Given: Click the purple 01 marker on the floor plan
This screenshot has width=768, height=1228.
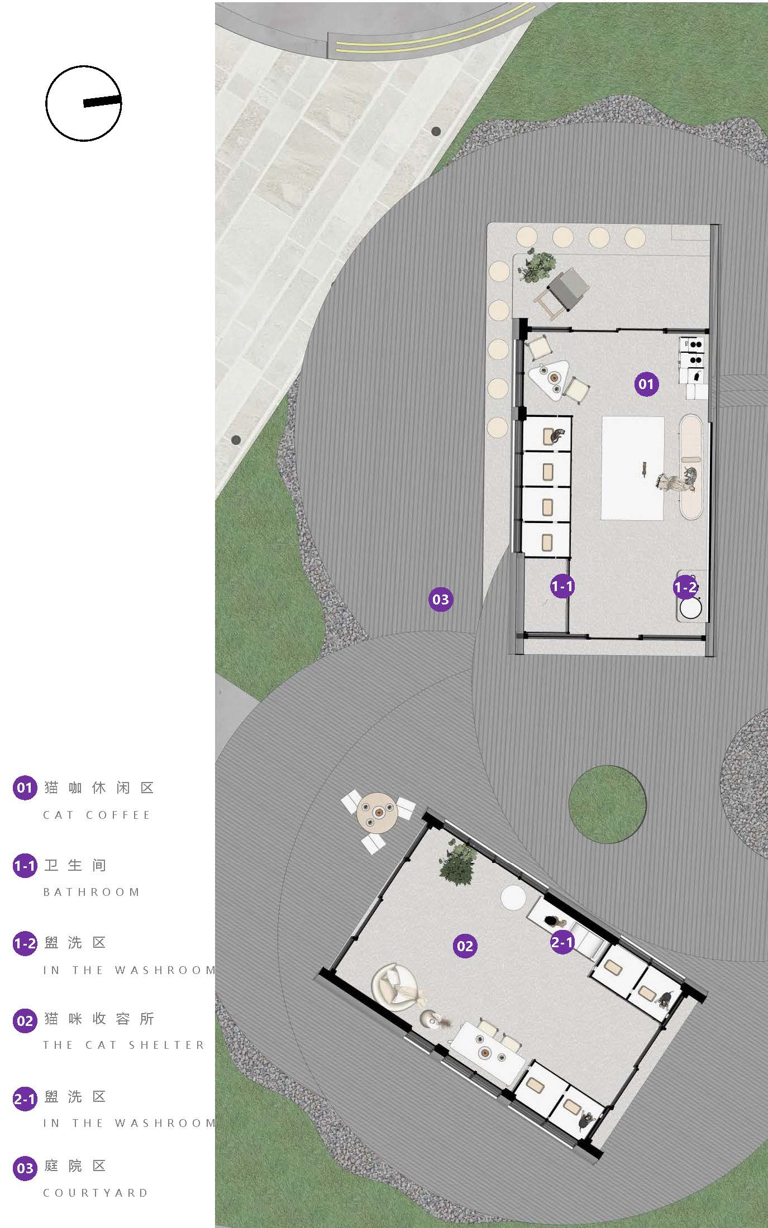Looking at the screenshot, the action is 646,384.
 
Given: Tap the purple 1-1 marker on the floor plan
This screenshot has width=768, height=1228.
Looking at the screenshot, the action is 562,586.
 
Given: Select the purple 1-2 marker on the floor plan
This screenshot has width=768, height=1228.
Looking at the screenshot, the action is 685,587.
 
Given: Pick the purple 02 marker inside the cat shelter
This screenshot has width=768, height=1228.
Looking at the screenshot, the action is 465,946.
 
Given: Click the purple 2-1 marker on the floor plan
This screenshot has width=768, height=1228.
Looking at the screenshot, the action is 562,942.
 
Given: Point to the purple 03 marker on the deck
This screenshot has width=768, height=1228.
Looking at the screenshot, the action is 441,599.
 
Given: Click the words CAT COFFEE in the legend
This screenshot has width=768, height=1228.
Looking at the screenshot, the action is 97,815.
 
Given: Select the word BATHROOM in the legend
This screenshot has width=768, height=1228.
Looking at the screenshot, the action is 91,892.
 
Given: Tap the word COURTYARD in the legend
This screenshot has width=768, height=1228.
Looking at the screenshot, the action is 96,1193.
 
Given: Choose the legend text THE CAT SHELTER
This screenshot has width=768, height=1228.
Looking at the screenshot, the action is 124,1045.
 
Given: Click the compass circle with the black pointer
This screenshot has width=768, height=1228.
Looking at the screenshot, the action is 84,103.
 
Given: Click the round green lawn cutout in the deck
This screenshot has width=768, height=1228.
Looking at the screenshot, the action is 607,804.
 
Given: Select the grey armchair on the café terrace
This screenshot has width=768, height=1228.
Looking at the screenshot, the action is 567,286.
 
